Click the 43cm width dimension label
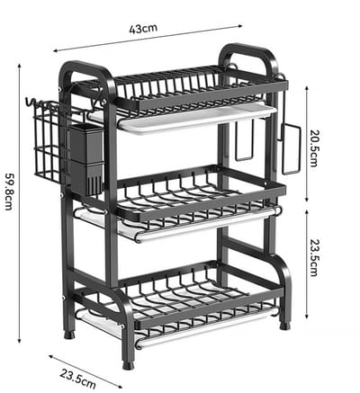143,29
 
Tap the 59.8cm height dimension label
9,192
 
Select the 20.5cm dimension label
313,148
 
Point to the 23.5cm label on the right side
313,257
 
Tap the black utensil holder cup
86,159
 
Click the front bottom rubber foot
129,364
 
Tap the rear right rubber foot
284,326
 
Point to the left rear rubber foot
69,335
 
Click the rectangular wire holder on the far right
292,149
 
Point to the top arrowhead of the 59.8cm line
20,66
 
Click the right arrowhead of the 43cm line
239,26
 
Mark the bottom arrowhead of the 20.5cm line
307,199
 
